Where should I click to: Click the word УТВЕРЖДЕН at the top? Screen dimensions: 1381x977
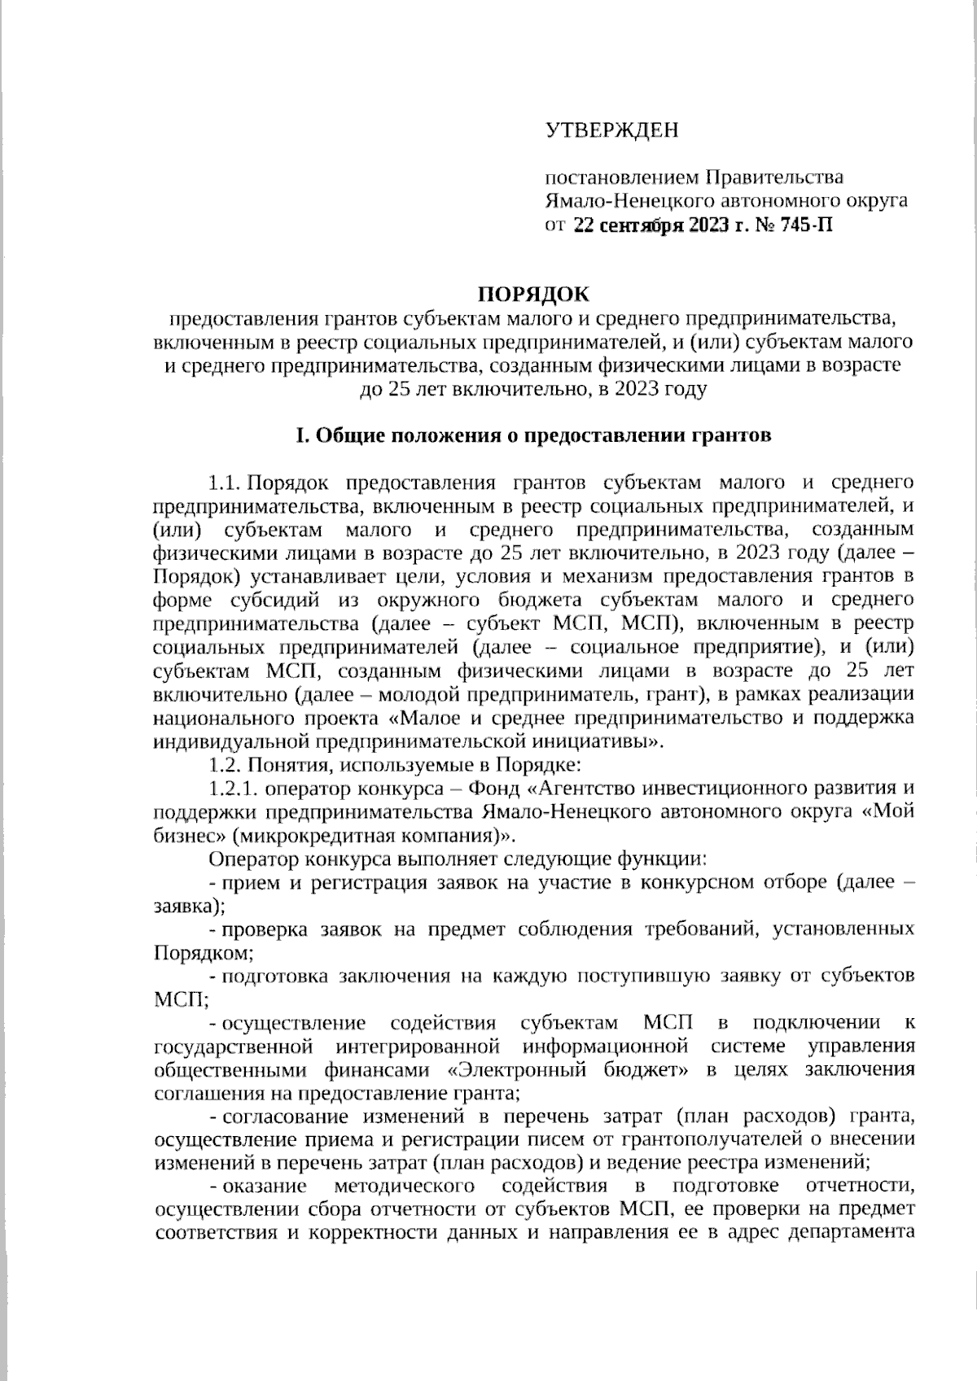click(x=611, y=130)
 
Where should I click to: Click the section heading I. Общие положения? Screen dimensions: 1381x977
click(x=532, y=435)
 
